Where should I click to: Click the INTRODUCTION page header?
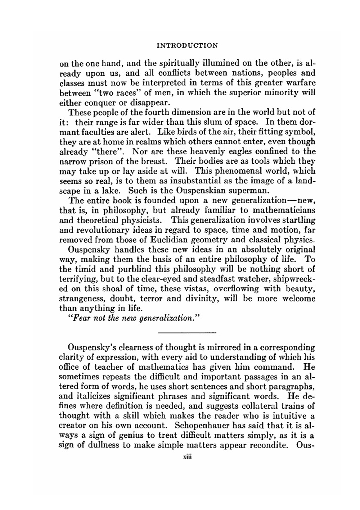click(x=188, y=46)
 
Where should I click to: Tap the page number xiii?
click(x=187, y=456)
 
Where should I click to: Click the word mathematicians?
click(x=284, y=210)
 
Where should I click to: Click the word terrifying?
click(x=76, y=279)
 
